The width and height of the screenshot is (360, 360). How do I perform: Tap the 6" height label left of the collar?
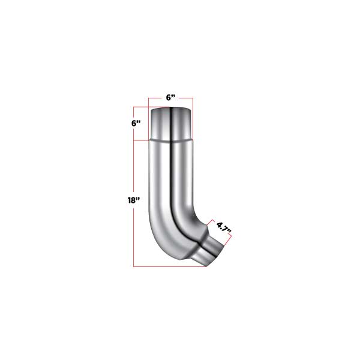pyautogui.click(x=137, y=124)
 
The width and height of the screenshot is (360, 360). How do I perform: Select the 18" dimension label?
pyautogui.click(x=125, y=200)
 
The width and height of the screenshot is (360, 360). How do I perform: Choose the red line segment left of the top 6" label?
pyautogui.click(x=157, y=98)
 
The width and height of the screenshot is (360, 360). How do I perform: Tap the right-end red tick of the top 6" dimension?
pyautogui.click(x=192, y=102)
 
